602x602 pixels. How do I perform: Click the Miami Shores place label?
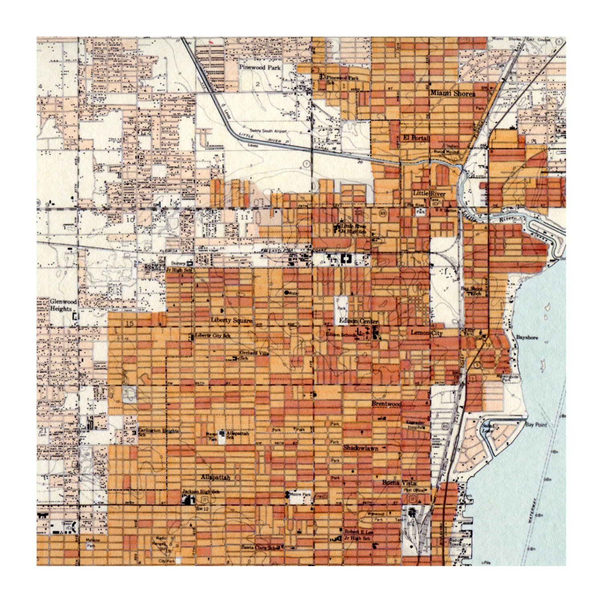(452, 94)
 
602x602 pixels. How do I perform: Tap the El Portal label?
(416, 138)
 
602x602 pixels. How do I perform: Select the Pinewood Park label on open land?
(260, 67)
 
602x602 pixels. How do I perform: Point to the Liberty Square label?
(232, 320)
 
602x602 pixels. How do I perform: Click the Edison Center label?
(358, 321)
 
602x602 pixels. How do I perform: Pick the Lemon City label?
(426, 333)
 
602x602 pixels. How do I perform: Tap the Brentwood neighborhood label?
(386, 404)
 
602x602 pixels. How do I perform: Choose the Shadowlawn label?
(360, 448)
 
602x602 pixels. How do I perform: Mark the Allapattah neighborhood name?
(216, 478)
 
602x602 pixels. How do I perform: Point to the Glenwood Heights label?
(63, 305)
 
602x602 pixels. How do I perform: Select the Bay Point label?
(535, 425)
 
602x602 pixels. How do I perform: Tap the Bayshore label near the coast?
(527, 338)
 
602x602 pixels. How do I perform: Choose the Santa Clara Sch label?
(259, 547)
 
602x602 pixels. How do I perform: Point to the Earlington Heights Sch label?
(158, 432)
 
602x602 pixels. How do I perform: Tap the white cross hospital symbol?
(344, 259)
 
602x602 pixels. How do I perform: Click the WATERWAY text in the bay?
(532, 510)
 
